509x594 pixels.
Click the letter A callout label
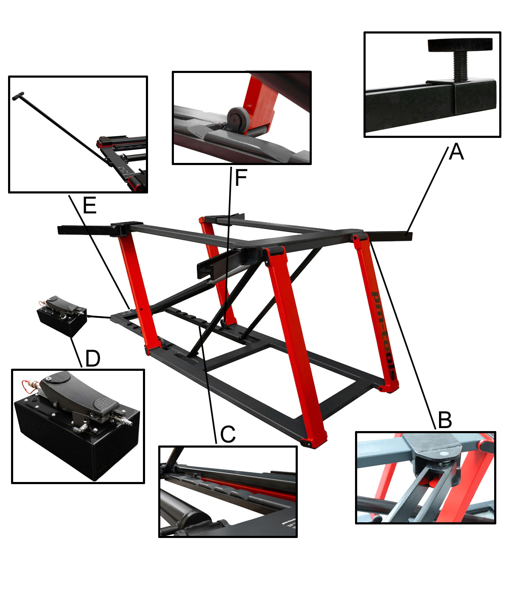tap(456, 152)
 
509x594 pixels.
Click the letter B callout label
tap(445, 420)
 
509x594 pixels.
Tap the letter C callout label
tap(228, 434)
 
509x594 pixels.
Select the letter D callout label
tap(93, 359)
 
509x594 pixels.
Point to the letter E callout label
tap(89, 205)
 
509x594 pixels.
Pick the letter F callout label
tap(241, 178)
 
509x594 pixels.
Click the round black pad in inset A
tap(460, 45)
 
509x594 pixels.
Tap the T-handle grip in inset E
tap(18, 96)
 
